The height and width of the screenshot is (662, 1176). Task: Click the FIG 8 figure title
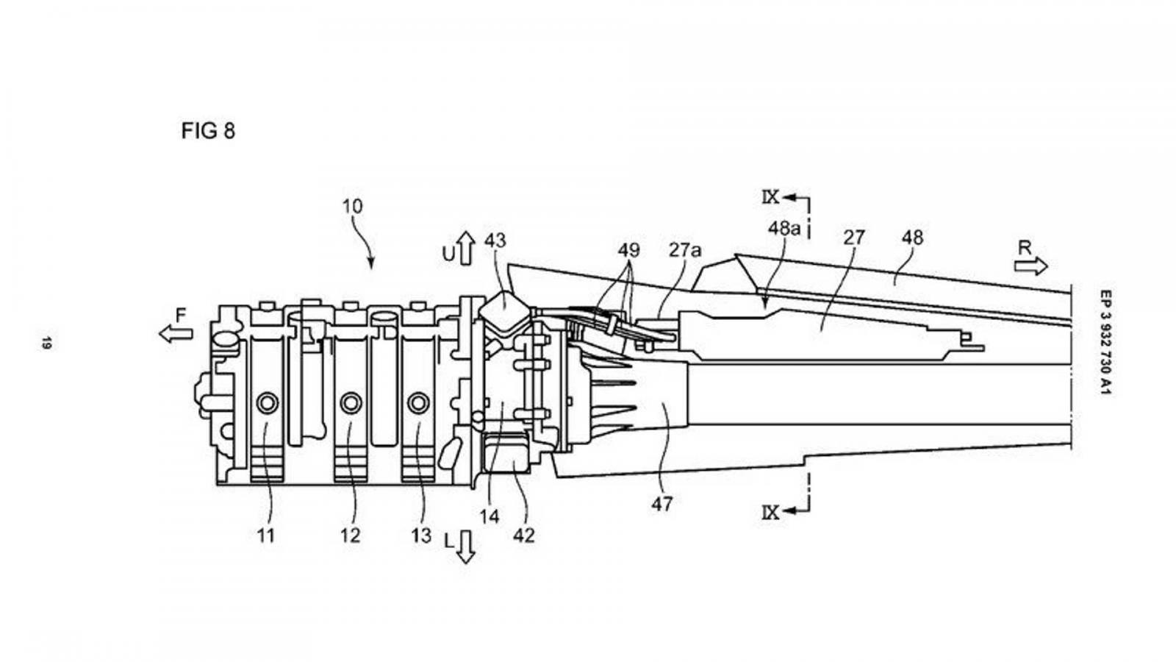click(x=208, y=132)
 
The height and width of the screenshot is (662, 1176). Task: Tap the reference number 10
click(x=352, y=207)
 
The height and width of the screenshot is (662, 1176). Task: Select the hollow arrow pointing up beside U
click(x=466, y=248)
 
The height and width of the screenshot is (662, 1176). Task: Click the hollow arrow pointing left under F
click(x=176, y=334)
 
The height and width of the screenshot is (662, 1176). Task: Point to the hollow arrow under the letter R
click(x=1030, y=266)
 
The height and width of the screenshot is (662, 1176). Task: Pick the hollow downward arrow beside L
click(x=466, y=547)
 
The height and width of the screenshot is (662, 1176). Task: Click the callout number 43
click(x=495, y=241)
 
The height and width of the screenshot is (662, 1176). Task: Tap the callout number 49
click(x=628, y=250)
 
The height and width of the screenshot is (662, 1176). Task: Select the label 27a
click(x=684, y=250)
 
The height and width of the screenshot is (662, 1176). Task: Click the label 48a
click(x=784, y=228)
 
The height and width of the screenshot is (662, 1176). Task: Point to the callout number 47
click(x=661, y=505)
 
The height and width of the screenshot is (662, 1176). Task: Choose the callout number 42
click(x=523, y=536)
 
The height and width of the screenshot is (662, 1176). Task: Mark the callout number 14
click(x=489, y=517)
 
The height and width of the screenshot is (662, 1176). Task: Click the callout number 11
click(x=265, y=536)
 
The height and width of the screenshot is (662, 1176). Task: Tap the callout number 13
click(x=421, y=536)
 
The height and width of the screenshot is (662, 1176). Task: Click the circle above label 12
click(x=351, y=402)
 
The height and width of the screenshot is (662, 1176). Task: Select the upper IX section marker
click(x=771, y=196)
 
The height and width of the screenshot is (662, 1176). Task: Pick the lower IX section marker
click(x=771, y=512)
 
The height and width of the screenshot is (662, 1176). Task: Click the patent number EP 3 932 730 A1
click(x=1104, y=342)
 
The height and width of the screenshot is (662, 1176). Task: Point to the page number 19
click(x=46, y=342)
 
